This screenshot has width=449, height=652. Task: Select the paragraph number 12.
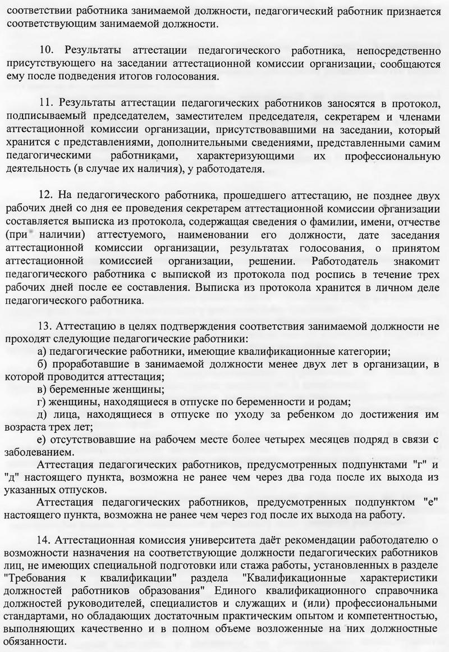(47, 196)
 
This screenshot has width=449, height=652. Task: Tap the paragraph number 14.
(47, 541)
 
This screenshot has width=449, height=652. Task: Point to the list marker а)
(41, 352)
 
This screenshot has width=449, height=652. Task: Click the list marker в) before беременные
(41, 389)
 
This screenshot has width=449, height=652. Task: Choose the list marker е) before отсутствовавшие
(41, 439)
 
